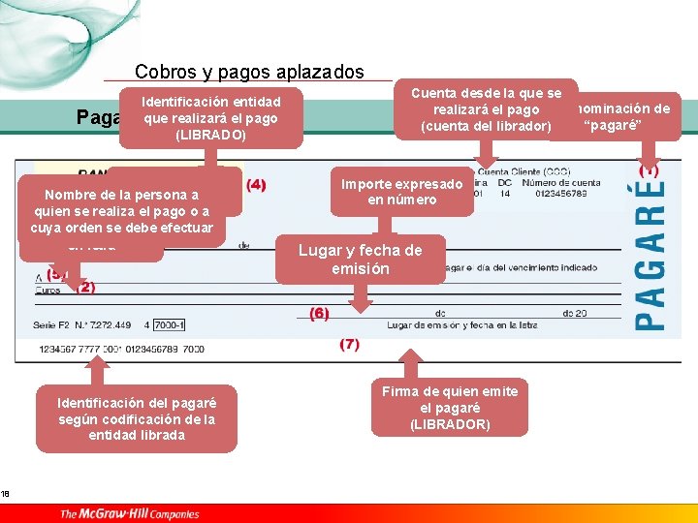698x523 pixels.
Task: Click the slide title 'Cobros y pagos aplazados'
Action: [249, 72]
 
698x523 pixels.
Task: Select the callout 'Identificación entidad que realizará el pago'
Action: [210, 118]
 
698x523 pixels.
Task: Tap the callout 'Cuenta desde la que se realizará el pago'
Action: [486, 109]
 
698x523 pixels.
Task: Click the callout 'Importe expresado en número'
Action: [401, 192]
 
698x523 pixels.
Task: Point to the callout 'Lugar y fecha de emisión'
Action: [360, 260]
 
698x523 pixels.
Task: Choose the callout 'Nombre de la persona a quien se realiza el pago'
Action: [120, 211]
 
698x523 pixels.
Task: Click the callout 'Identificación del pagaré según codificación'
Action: [137, 418]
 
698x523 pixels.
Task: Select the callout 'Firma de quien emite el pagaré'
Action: [450, 407]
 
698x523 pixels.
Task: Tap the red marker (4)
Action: [256, 183]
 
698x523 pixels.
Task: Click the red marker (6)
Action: [319, 314]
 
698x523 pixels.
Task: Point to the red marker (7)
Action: [349, 344]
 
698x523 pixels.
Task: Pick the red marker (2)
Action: [85, 288]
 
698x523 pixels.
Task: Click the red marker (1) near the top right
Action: [649, 170]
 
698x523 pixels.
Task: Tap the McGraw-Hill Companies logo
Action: [130, 513]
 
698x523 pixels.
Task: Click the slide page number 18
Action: [6, 495]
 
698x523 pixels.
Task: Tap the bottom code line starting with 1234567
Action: [120, 348]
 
